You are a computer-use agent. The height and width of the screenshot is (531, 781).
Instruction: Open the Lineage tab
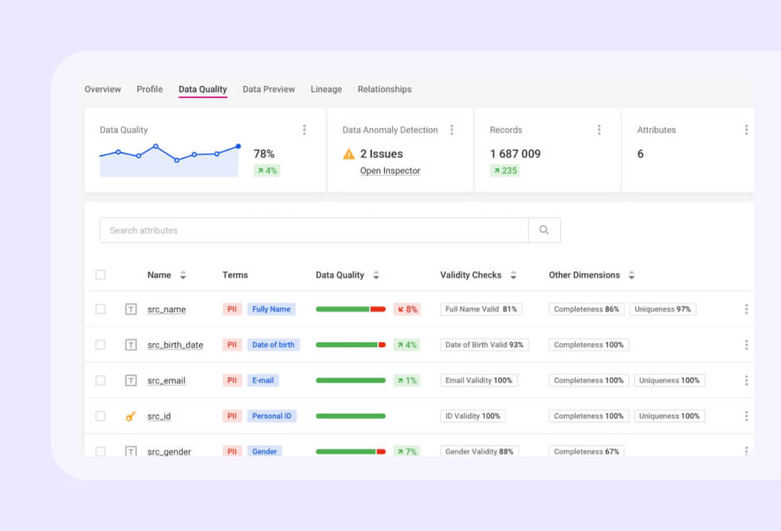point(326,89)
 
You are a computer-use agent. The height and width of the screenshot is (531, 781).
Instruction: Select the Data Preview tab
point(268,89)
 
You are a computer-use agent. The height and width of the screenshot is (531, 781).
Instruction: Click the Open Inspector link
point(390,171)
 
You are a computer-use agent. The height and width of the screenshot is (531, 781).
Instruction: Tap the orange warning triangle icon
point(349,154)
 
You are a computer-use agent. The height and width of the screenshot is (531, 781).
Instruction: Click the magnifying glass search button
point(544,231)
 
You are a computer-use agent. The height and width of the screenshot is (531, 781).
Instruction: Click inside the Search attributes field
point(314,231)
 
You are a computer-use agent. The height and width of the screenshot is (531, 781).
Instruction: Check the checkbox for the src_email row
point(100,381)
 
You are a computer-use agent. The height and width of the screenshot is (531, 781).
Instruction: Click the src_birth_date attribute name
point(175,345)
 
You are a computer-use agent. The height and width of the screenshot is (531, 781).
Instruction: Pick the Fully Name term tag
point(271,309)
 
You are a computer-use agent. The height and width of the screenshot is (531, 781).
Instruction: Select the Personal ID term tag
point(271,416)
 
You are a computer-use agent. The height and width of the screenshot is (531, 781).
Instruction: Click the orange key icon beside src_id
point(131,416)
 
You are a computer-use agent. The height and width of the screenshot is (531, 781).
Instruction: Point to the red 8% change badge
point(406,309)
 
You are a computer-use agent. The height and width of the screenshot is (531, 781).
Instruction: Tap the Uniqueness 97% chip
point(663,309)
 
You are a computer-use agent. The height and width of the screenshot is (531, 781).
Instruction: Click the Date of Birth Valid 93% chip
point(484,345)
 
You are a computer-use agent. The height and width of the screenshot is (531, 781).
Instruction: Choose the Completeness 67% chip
point(586,452)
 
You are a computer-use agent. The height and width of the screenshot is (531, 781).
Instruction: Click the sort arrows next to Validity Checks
point(514,275)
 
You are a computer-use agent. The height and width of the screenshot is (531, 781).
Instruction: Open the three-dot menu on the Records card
point(598,130)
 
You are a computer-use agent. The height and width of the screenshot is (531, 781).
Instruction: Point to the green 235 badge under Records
point(504,171)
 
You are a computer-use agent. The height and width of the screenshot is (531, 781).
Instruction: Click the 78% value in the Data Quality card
point(264,154)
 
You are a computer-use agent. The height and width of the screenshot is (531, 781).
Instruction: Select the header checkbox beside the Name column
point(100,275)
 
